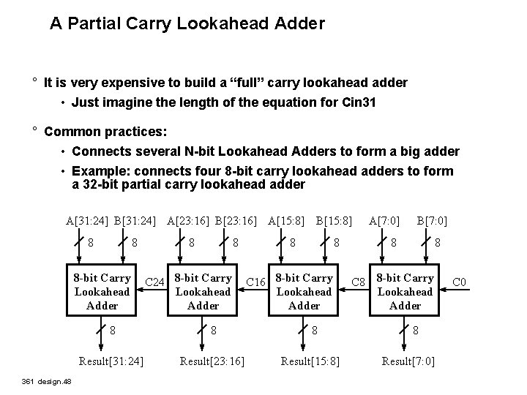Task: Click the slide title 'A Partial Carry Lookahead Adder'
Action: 187,23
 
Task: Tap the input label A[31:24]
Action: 87,219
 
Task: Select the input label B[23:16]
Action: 236,219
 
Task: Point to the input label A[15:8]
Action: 287,219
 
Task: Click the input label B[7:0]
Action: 432,219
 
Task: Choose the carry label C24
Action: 154,282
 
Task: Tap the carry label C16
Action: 255,282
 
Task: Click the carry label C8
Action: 359,282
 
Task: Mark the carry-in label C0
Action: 460,282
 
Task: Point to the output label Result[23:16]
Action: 212,361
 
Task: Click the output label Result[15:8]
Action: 312,361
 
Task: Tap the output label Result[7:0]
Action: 408,361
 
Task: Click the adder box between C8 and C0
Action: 405,292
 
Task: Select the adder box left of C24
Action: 102,292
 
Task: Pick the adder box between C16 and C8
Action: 304,292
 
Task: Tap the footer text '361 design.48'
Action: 46,382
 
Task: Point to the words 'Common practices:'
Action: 105,132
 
